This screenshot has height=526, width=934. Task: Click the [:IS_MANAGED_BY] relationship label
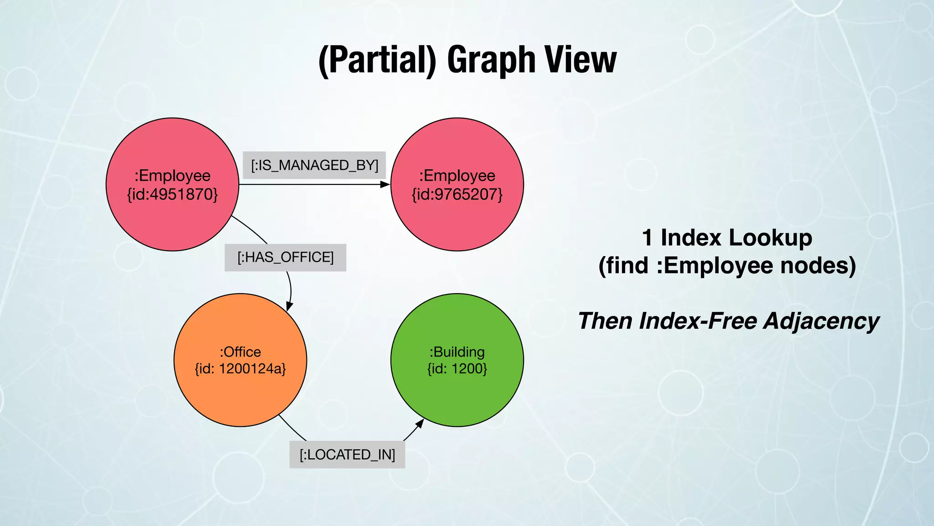click(314, 165)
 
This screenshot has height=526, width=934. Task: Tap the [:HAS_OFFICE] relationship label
click(285, 258)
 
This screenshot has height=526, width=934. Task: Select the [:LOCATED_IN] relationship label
click(347, 455)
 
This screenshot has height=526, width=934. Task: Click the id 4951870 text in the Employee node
click(172, 195)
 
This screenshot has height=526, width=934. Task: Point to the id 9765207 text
click(457, 195)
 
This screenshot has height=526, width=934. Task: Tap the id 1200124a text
click(240, 368)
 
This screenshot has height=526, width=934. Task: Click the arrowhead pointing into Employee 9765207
click(385, 184)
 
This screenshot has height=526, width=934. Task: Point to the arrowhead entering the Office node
click(289, 306)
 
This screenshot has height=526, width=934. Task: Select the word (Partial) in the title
click(377, 60)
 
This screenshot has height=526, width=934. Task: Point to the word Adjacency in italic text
click(821, 321)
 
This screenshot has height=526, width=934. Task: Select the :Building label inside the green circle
click(457, 352)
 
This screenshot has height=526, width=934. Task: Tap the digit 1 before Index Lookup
click(647, 238)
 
